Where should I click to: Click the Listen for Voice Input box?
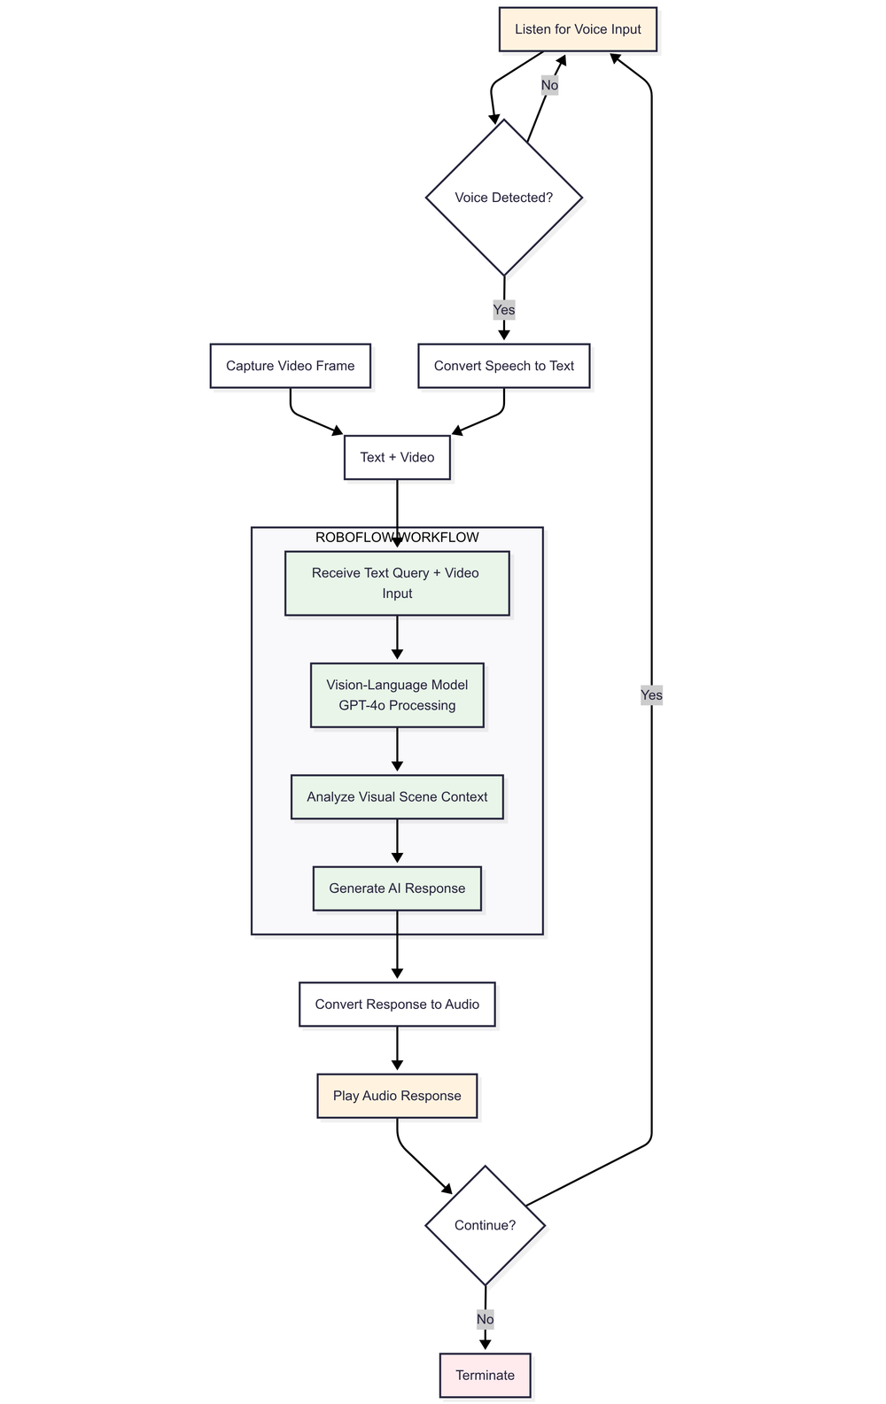click(578, 29)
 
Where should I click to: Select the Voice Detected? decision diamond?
click(503, 198)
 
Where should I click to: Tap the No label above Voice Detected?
click(549, 86)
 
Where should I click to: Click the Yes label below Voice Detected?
click(503, 310)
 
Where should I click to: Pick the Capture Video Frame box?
click(290, 366)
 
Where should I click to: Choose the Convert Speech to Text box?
click(503, 366)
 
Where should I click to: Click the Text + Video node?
click(397, 458)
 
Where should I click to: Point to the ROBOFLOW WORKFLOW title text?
click(397, 538)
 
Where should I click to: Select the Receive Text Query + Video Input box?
click(397, 583)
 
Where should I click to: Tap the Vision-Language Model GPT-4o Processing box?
click(397, 695)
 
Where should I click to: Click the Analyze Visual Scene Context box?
click(397, 797)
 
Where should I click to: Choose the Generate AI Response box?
click(397, 888)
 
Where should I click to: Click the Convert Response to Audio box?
click(397, 1005)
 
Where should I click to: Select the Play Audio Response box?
click(397, 1096)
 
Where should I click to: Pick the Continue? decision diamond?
click(485, 1226)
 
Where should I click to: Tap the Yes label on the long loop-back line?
click(651, 695)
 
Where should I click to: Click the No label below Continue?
click(485, 1320)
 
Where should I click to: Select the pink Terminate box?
click(485, 1376)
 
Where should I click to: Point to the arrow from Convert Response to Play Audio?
click(397, 1051)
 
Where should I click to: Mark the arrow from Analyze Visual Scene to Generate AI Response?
click(397, 842)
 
